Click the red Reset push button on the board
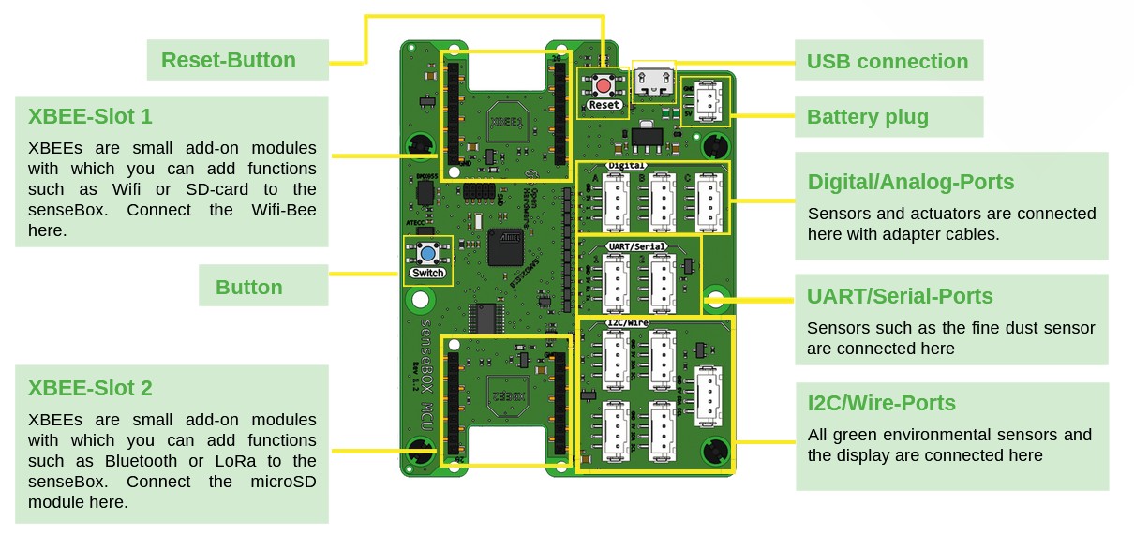(x=604, y=85)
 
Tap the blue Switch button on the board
(x=427, y=253)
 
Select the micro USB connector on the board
(x=653, y=82)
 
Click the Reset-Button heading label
(x=229, y=61)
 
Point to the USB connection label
(x=888, y=62)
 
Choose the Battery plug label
(x=868, y=117)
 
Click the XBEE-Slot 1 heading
(x=90, y=117)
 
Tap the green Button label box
(x=249, y=288)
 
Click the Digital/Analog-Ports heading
(x=911, y=182)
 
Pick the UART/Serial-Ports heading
(x=900, y=297)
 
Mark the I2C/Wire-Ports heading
(x=882, y=404)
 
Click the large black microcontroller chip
(x=509, y=248)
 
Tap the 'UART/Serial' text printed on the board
(x=637, y=246)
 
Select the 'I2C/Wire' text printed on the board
(x=629, y=323)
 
